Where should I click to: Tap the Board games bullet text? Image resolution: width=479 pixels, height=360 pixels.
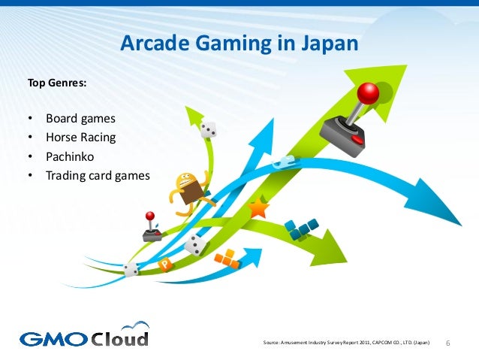(x=80, y=119)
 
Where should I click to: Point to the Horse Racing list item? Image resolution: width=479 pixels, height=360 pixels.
(x=80, y=138)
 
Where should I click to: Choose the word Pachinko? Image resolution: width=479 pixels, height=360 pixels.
(x=70, y=157)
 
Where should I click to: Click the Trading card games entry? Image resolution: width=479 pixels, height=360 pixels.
(x=98, y=176)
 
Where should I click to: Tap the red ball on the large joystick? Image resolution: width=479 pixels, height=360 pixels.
(x=368, y=93)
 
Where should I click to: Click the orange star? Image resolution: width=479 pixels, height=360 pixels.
(x=258, y=208)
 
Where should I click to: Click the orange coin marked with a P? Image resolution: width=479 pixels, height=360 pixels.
(x=165, y=265)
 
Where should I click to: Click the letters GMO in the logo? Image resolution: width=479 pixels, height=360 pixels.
(x=52, y=338)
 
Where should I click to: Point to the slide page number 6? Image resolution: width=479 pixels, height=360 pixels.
(x=448, y=343)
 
